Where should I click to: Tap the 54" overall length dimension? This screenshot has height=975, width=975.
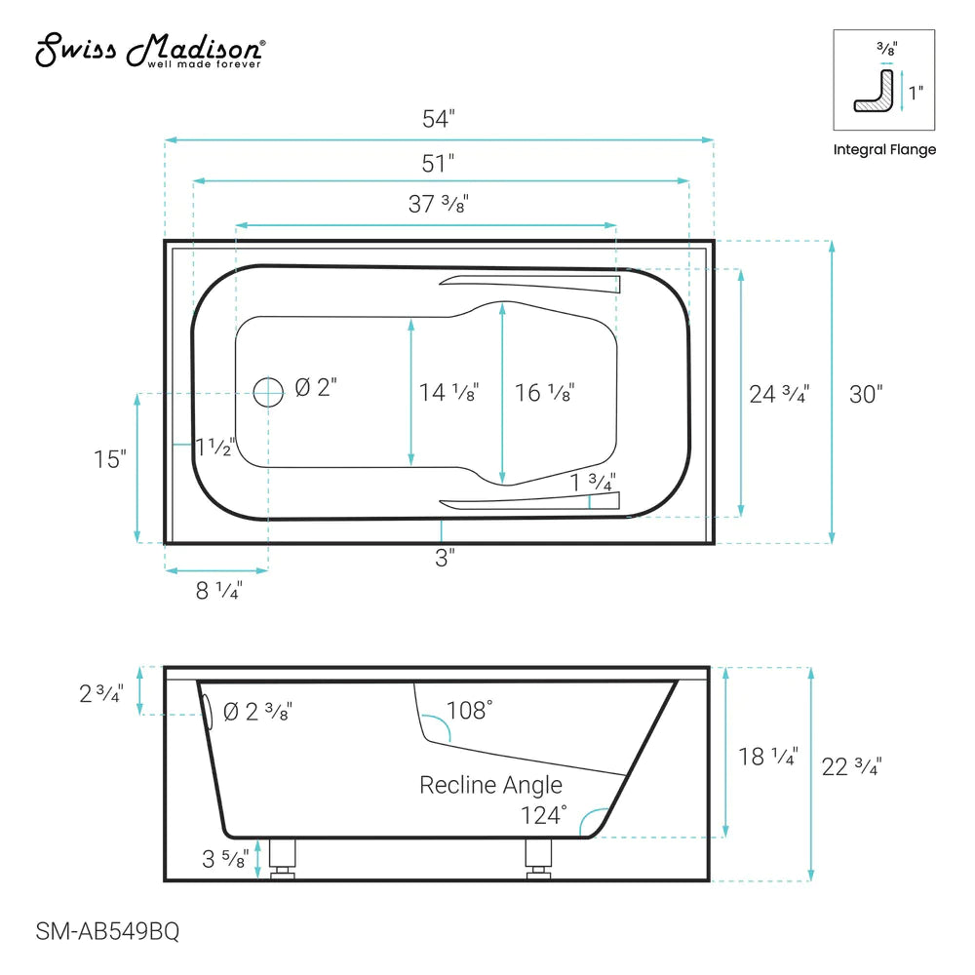pos(439,120)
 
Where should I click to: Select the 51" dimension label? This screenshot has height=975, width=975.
pos(439,162)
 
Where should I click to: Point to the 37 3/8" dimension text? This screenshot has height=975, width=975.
pos(439,204)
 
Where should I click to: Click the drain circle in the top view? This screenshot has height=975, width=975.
pos(267,392)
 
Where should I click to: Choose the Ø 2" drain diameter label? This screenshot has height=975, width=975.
pos(315,388)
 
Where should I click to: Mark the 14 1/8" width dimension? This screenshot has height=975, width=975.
pos(448,393)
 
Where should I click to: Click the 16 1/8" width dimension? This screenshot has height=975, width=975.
pos(544,393)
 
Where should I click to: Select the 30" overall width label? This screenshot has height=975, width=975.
pos(866,394)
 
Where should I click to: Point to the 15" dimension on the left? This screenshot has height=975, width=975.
pos(110,458)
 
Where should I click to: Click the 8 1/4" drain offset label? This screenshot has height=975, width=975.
pos(218,590)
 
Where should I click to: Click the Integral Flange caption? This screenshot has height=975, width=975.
pos(884,150)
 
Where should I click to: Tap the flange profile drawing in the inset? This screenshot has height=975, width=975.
pos(876,91)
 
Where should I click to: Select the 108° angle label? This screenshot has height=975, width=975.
pos(469,711)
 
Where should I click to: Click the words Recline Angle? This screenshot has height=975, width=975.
pos(490,785)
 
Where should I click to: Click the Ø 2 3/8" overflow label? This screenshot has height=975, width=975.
pos(257,712)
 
